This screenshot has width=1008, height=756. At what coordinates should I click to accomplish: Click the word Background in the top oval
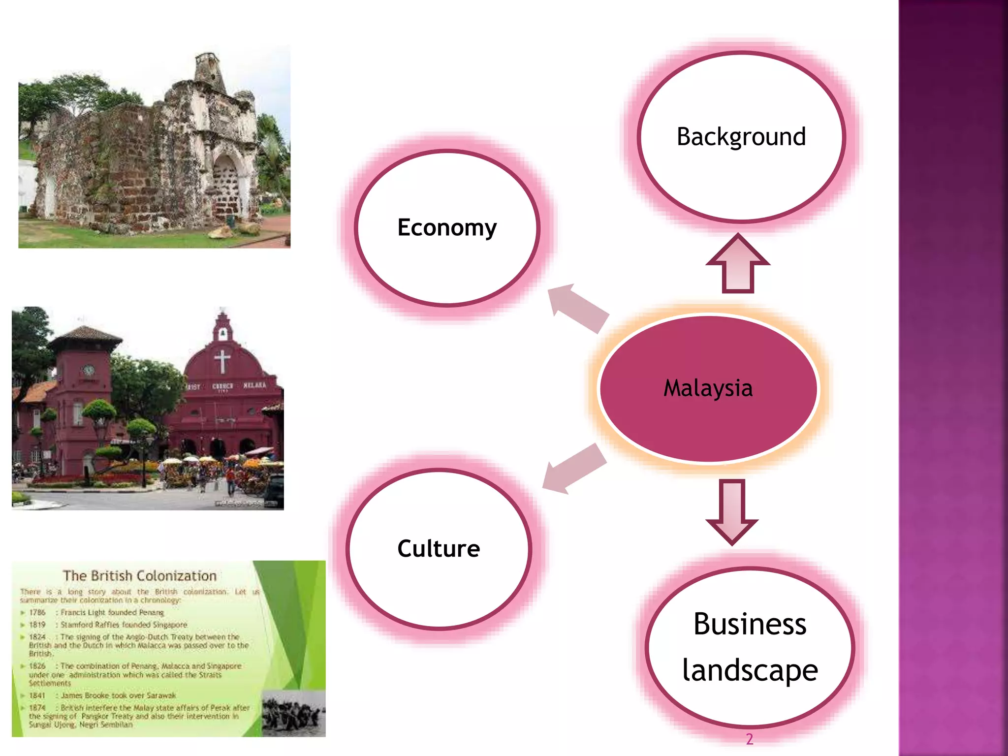[741, 137]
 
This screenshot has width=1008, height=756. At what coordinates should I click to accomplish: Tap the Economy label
[447, 227]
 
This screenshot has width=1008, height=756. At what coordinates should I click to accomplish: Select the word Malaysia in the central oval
[708, 388]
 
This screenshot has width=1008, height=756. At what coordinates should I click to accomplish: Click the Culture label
[439, 548]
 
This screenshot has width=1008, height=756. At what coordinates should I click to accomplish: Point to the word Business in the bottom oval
[750, 624]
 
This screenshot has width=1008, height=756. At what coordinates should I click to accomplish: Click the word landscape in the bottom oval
[750, 670]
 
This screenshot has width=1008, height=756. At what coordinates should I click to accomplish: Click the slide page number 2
[749, 739]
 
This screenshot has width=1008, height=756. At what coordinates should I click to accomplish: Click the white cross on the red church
[222, 361]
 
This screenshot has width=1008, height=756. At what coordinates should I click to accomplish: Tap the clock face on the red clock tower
[89, 370]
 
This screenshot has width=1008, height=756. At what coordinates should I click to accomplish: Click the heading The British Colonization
[140, 576]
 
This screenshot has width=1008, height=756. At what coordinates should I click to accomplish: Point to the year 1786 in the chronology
[37, 612]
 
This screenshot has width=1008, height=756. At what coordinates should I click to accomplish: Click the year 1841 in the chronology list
[37, 695]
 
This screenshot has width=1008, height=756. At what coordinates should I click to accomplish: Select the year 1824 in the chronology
[37, 637]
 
